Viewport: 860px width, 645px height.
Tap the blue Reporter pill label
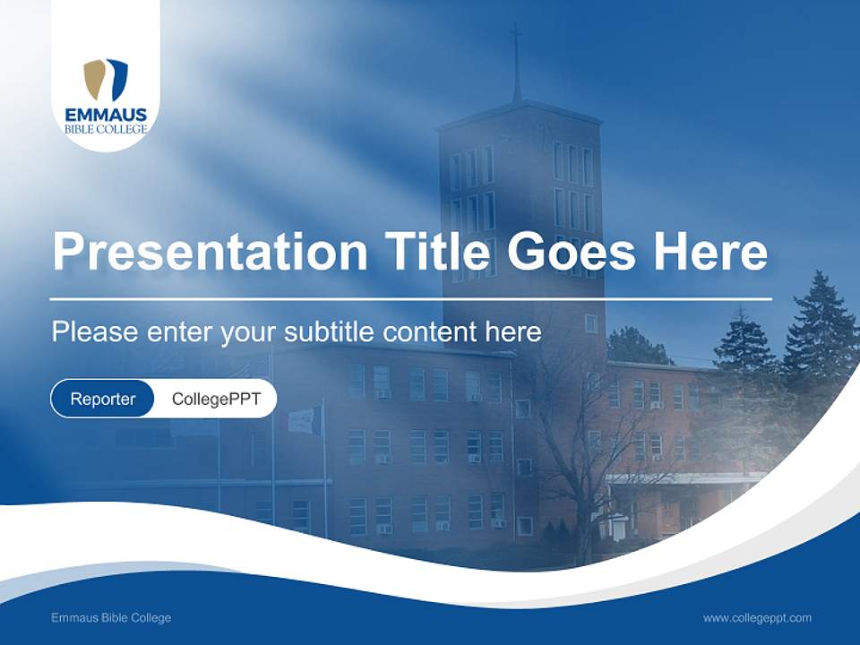click(102, 399)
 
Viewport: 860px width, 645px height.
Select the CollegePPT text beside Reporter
click(215, 399)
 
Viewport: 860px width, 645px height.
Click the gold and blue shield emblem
click(106, 80)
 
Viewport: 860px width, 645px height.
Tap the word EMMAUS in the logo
click(106, 115)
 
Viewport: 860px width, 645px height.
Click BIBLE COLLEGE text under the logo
click(106, 129)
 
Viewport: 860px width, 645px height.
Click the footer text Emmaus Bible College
click(111, 618)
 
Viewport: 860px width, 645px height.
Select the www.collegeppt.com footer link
click(757, 618)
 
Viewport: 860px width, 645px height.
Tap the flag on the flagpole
click(305, 419)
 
